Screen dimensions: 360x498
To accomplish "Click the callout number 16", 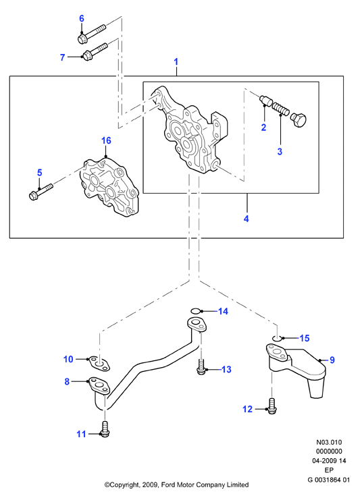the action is coord(106,140).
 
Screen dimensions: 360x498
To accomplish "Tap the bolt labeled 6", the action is coord(92,34).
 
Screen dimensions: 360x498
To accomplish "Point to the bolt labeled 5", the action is coord(41,192).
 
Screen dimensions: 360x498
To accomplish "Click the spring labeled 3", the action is coord(281,109).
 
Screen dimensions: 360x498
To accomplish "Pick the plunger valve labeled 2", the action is coord(265,101).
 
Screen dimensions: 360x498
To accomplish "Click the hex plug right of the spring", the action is coord(298,120).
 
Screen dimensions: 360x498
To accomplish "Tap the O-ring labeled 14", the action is coord(197,310).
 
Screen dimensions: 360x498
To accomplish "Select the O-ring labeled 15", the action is coord(278,337).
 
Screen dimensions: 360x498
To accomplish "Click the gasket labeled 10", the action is coord(99,363).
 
